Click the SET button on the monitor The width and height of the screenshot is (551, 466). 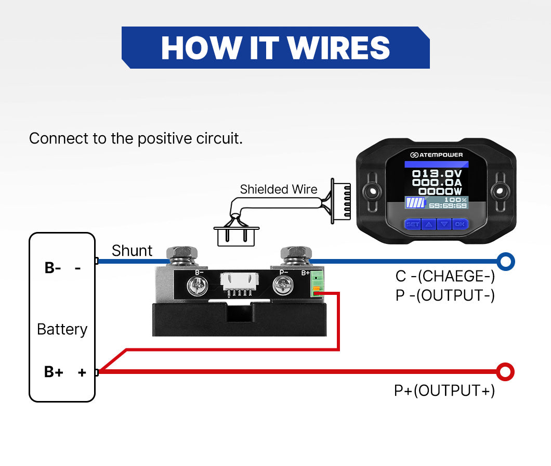412,224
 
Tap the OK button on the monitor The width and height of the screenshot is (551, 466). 460,224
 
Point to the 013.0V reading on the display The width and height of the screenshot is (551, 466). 436,174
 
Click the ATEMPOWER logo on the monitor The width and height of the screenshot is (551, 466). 436,155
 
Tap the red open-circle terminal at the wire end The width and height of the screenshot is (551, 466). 505,372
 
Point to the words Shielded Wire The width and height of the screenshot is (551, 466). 278,189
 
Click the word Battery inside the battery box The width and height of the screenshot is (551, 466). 62,329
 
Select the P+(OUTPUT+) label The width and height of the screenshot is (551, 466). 444,390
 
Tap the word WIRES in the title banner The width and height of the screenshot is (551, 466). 338,48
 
